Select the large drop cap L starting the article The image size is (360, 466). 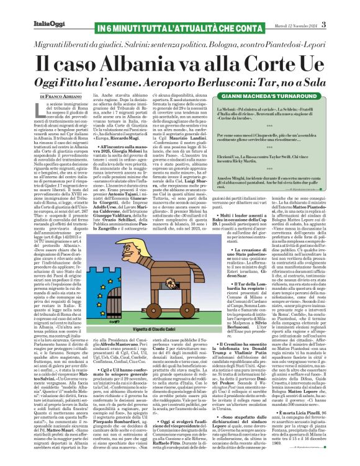[x=27, y=113]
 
